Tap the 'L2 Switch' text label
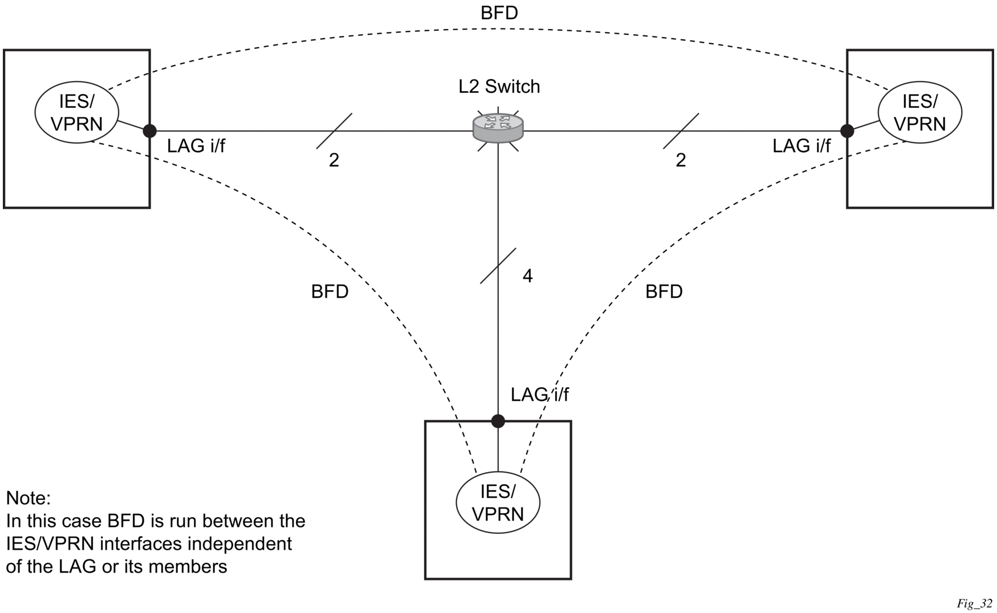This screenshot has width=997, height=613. tap(499, 87)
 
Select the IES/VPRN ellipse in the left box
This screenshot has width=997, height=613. tap(77, 112)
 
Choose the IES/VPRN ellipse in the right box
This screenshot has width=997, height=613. tap(920, 112)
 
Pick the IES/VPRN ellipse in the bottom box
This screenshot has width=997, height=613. tap(498, 502)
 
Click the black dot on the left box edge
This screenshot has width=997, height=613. tap(149, 131)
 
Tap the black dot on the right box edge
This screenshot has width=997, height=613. tap(847, 131)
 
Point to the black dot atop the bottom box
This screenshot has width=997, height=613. tap(498, 421)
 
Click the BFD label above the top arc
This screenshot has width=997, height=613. tap(499, 13)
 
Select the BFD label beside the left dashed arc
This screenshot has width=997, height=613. tap(329, 292)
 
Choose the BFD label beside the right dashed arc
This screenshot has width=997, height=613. tap(664, 292)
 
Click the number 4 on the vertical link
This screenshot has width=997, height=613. tap(527, 276)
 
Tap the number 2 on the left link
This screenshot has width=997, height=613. tap(334, 161)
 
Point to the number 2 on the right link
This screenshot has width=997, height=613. tap(681, 161)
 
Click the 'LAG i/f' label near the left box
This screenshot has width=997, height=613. tap(196, 146)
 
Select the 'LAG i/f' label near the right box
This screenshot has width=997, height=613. tap(801, 146)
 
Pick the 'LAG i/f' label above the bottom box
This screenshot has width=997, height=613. tap(539, 395)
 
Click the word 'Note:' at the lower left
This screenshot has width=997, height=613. tap(29, 498)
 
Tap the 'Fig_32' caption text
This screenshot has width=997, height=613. tap(975, 604)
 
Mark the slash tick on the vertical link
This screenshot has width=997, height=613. tap(498, 266)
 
